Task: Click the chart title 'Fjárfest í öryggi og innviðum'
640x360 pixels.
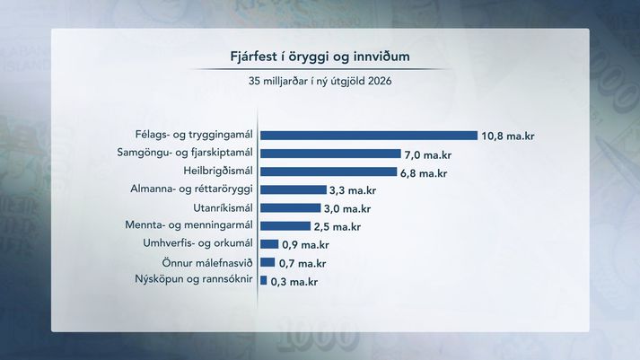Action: point(320,57)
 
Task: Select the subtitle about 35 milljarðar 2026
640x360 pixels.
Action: point(320,81)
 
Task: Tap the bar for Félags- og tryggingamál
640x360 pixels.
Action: point(369,136)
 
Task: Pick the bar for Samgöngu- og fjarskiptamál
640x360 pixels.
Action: point(330,154)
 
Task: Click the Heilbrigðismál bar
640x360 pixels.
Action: point(329,171)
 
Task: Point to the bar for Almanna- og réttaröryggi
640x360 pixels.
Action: point(294,189)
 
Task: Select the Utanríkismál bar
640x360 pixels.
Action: point(291,207)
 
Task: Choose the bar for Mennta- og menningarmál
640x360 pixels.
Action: point(285,225)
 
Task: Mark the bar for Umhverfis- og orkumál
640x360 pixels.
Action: point(269,244)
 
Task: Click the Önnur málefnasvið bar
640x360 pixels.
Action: point(267,262)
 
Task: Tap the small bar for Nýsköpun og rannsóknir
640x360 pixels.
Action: point(264,280)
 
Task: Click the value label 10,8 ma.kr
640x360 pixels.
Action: point(508,136)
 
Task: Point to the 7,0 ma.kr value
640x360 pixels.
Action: point(428,155)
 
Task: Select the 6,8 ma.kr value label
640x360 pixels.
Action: point(424,173)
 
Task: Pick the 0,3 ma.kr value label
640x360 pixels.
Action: point(294,282)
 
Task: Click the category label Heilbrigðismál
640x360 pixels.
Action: point(218,171)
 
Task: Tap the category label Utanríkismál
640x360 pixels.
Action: point(223,207)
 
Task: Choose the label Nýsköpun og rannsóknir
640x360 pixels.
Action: point(194,279)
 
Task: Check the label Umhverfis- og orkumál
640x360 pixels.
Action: point(198,243)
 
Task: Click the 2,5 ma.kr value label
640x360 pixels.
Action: point(338,226)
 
